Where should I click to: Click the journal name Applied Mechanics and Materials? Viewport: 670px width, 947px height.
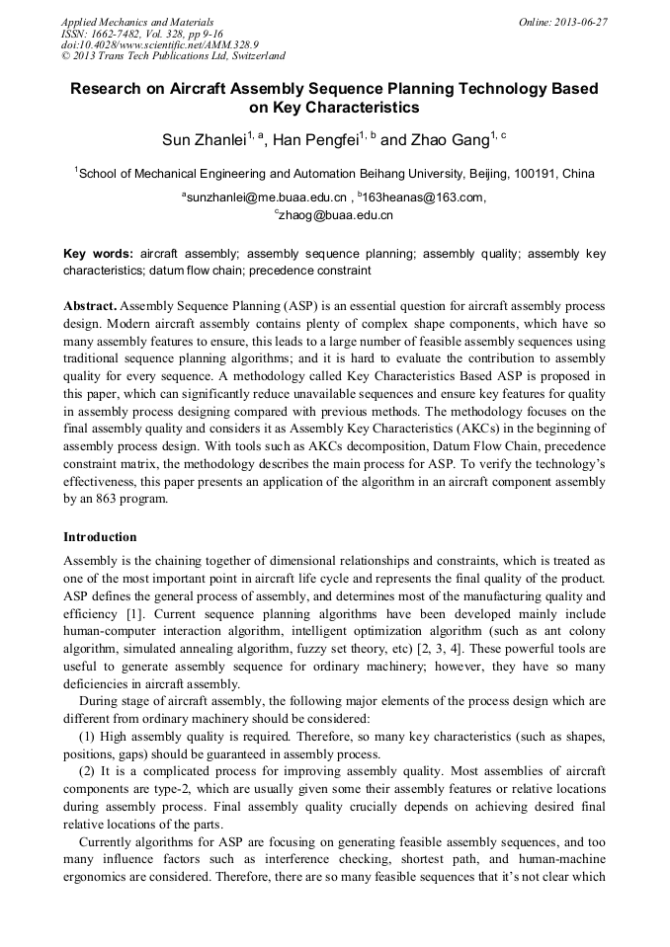pos(137,21)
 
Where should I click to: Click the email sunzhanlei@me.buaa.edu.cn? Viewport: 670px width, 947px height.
pos(267,197)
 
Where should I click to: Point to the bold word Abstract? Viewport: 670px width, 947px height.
pos(91,306)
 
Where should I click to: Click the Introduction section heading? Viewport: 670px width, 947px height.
pos(100,537)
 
